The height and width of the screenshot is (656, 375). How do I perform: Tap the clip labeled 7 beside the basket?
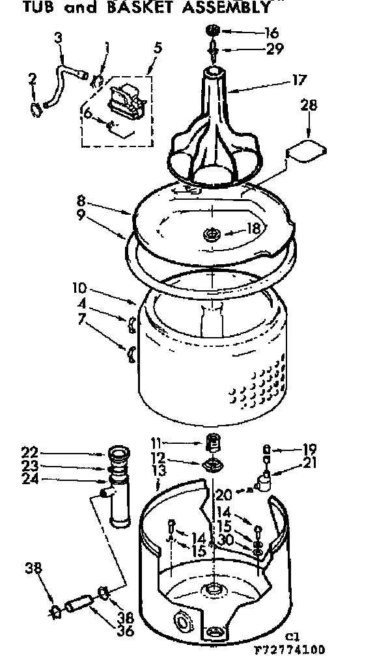[x=130, y=352]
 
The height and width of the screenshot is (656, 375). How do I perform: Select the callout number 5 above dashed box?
[x=158, y=49]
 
